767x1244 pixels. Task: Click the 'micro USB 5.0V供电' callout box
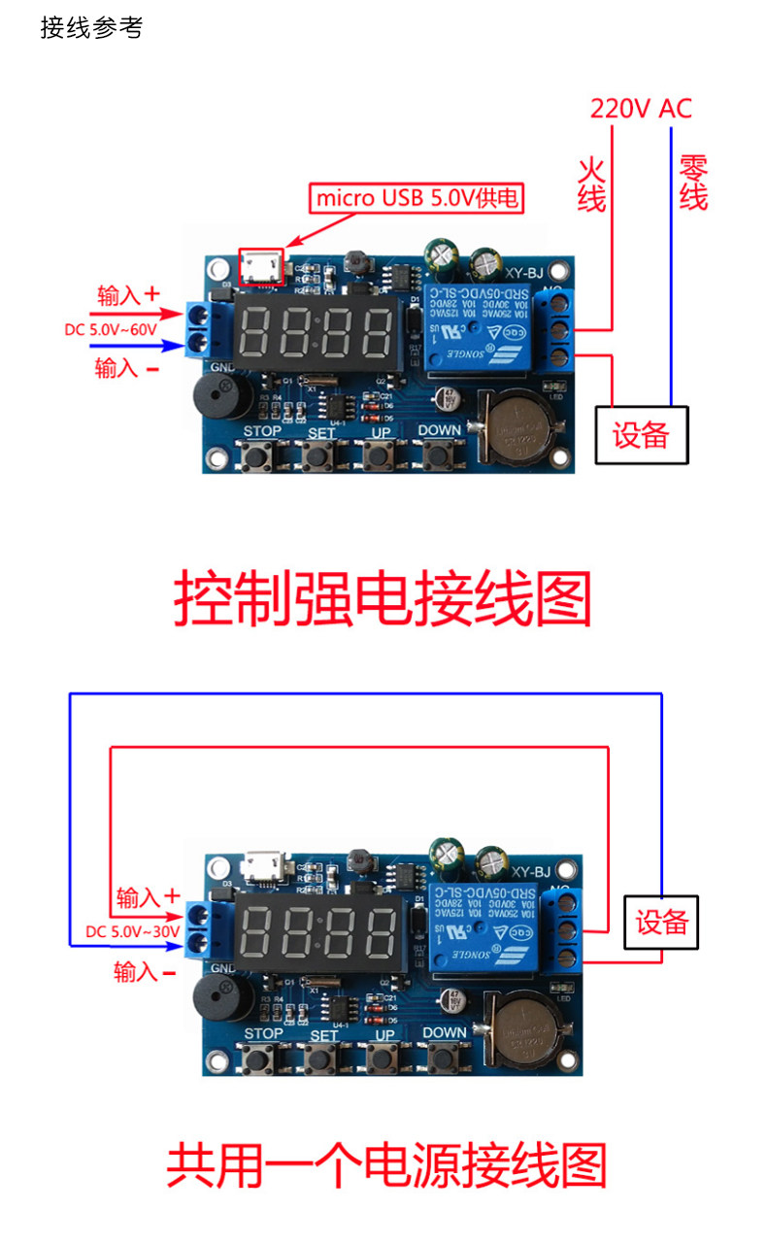pyautogui.click(x=417, y=199)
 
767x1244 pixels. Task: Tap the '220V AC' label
pyautogui.click(x=641, y=109)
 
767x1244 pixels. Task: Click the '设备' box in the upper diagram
pyautogui.click(x=641, y=435)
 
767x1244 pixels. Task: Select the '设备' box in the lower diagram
pyautogui.click(x=661, y=922)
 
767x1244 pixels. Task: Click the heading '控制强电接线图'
pyautogui.click(x=383, y=599)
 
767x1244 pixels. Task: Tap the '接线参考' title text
pyautogui.click(x=91, y=28)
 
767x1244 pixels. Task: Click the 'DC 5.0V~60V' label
pyautogui.click(x=111, y=329)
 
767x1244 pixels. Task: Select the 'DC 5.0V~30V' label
pyautogui.click(x=133, y=931)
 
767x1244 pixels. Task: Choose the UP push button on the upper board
pyautogui.click(x=381, y=454)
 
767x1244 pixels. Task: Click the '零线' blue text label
pyautogui.click(x=693, y=183)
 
